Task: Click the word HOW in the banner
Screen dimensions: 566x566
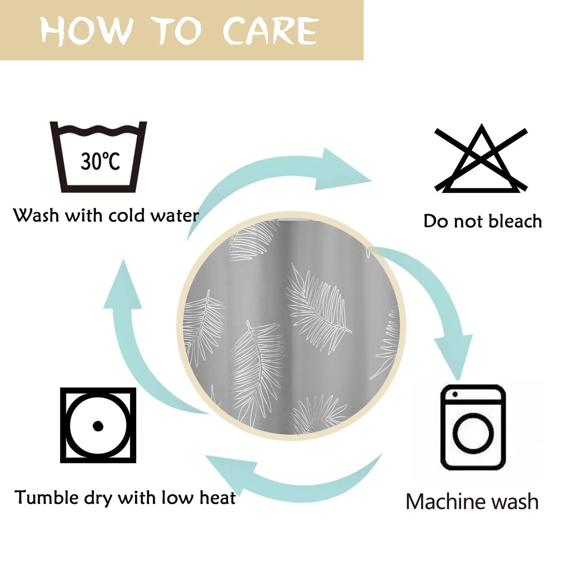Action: [87, 30]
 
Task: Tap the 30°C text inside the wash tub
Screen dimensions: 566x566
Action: [100, 161]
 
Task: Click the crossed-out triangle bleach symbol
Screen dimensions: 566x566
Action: [481, 158]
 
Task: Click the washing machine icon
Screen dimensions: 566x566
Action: [473, 427]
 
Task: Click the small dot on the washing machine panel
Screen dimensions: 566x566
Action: [455, 394]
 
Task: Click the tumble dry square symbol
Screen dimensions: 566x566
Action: [98, 425]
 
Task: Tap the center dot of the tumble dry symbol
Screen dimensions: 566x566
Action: [98, 426]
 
